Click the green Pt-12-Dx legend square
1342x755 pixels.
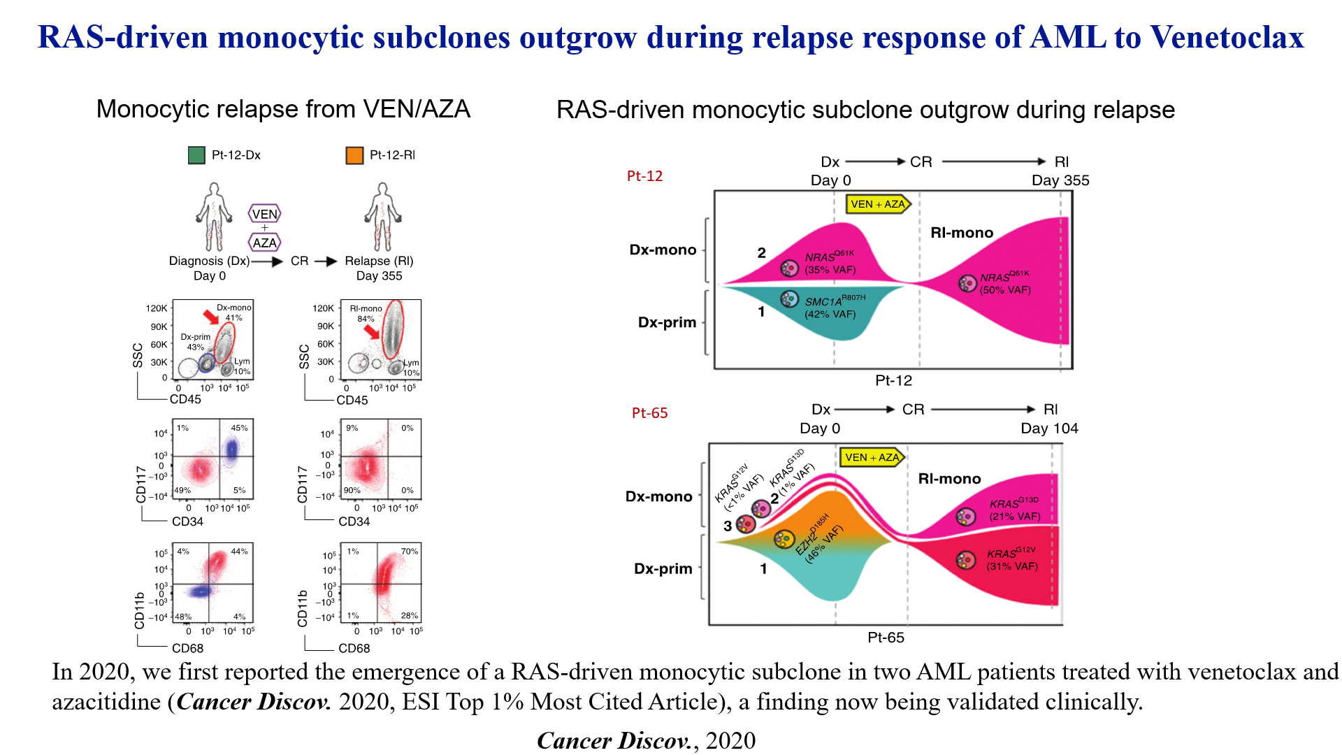[196, 155]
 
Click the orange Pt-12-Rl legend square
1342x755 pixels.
[354, 155]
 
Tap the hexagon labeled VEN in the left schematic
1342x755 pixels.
[264, 214]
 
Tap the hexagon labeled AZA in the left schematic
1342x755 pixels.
[264, 243]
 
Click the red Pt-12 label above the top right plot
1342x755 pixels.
[644, 176]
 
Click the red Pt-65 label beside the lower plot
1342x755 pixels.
[649, 413]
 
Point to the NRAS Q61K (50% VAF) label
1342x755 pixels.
[1004, 283]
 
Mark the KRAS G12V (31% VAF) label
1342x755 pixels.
[1012, 559]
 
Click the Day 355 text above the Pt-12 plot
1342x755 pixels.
[1060, 180]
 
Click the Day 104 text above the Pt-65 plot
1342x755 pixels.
[1049, 429]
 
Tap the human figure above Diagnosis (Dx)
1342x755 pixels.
[214, 217]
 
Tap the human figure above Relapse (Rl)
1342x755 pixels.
[382, 217]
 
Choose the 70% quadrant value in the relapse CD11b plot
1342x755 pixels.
[409, 552]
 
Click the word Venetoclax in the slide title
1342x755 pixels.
[1227, 37]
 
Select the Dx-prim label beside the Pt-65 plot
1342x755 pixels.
[663, 569]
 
